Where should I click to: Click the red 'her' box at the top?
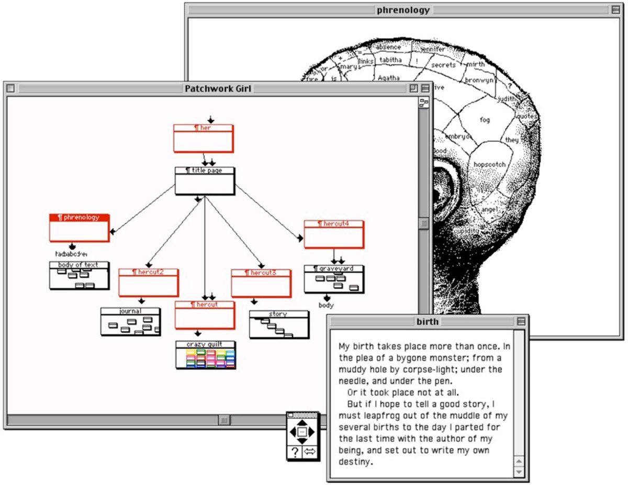coord(203,139)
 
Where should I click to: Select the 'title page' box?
coord(205,181)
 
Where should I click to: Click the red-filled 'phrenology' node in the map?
coord(80,228)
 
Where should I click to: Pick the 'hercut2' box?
coord(148,283)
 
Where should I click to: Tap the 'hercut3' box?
coord(261,284)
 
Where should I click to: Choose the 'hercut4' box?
coord(334,234)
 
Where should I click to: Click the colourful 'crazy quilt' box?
coord(205,355)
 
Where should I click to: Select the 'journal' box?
coord(131,322)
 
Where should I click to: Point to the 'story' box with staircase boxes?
coord(278,325)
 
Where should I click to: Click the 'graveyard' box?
coord(334,279)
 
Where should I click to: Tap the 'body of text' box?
coord(79,276)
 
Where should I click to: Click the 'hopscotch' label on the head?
coord(489,164)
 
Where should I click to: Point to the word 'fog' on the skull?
coord(485,120)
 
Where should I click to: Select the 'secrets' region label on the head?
coord(443,65)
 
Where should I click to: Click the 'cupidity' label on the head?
coord(466,231)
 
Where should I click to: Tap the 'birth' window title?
coord(428,321)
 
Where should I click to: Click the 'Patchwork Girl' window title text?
coord(217,88)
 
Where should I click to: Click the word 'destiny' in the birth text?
coord(356,462)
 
